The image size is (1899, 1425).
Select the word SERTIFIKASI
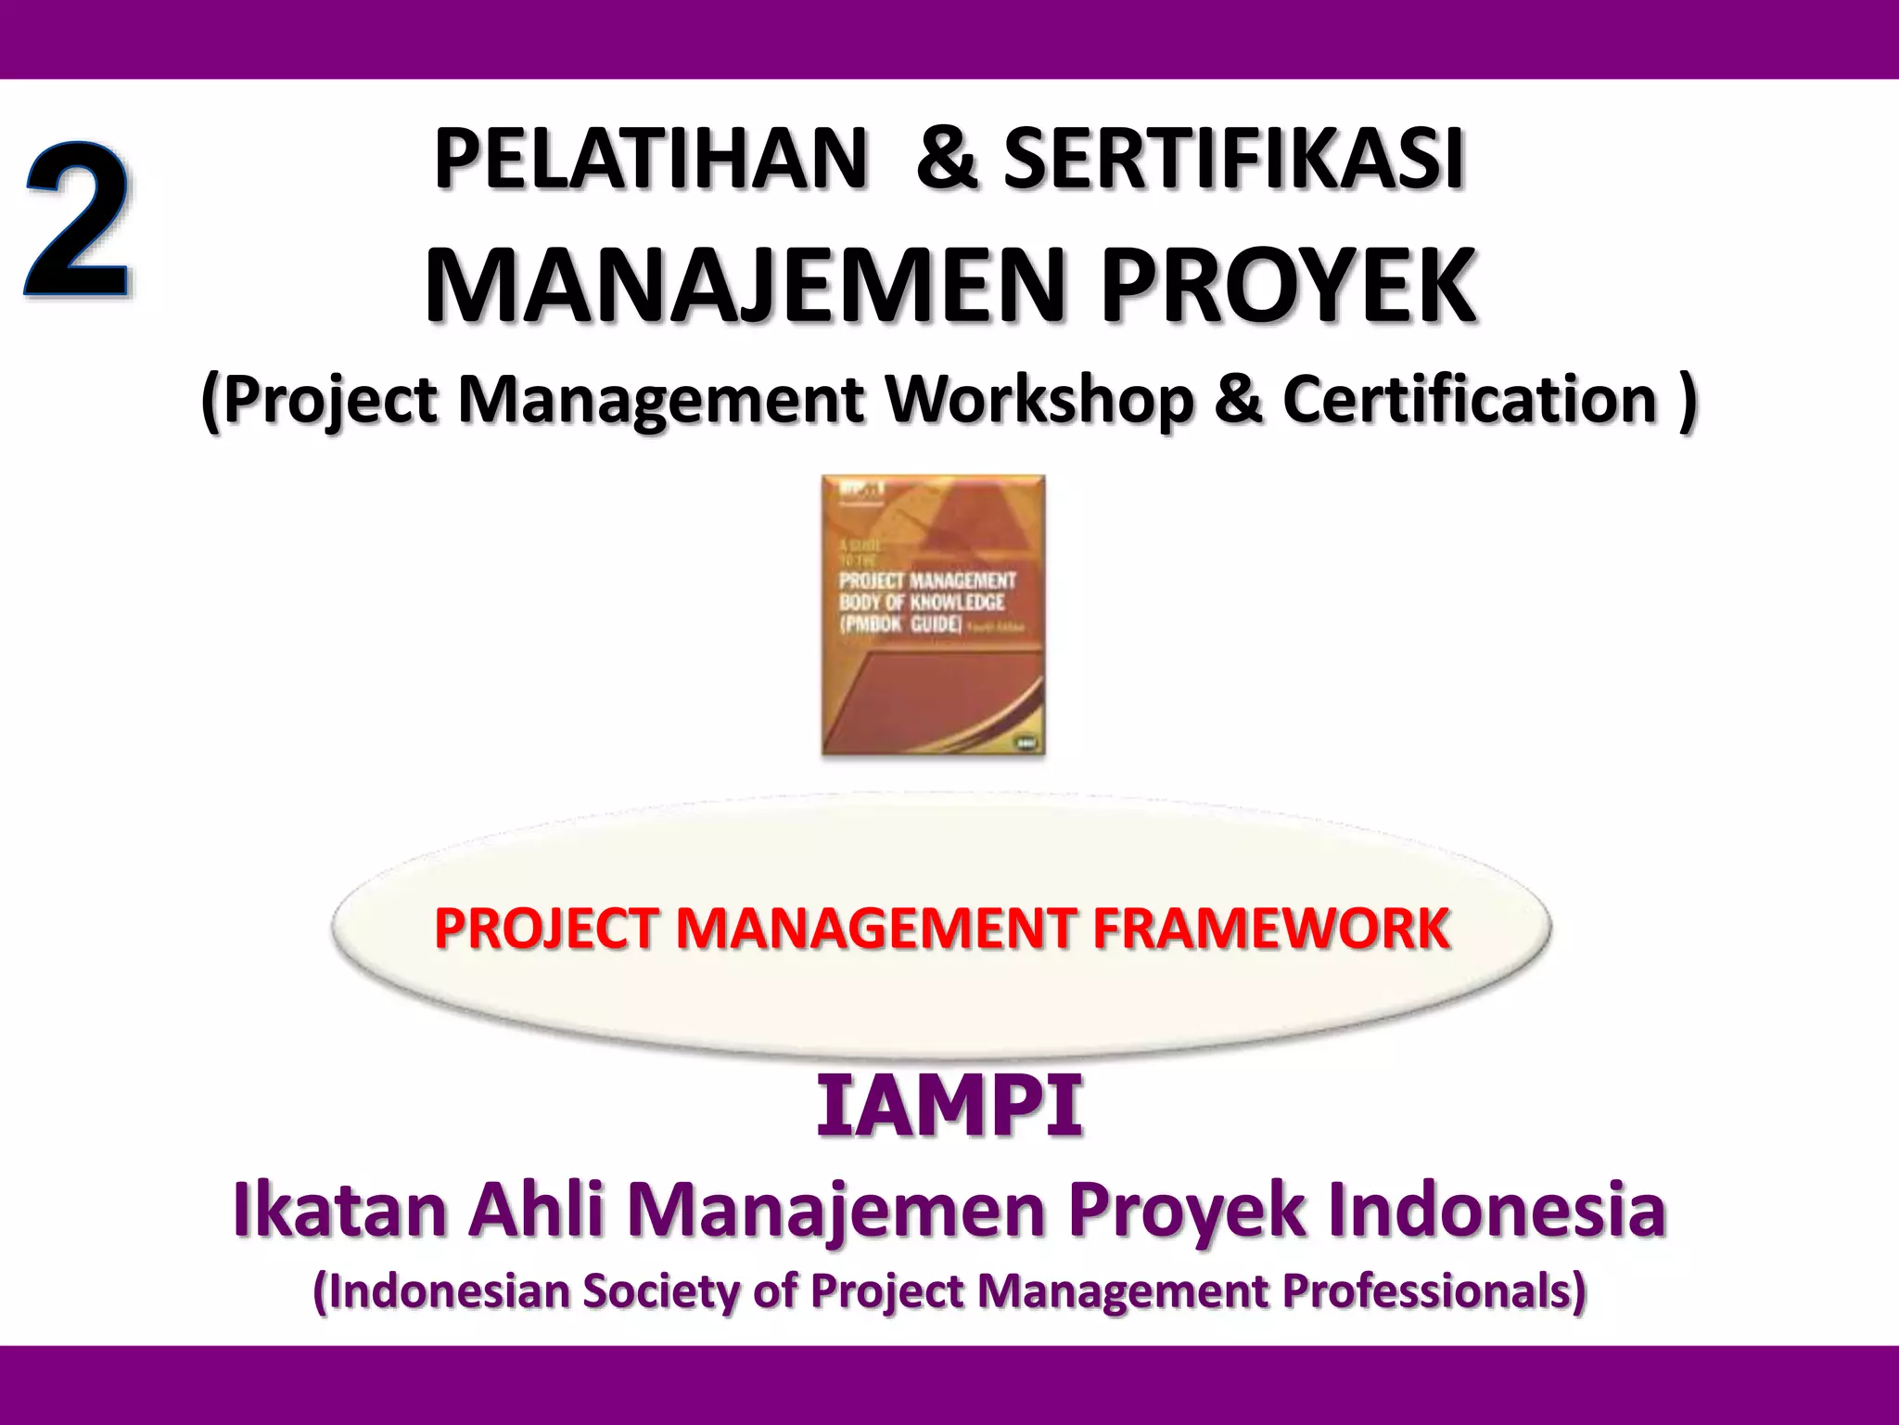[x=1233, y=160]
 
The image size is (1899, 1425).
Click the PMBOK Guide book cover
[x=933, y=615]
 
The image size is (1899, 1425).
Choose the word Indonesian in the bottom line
[x=441, y=1291]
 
